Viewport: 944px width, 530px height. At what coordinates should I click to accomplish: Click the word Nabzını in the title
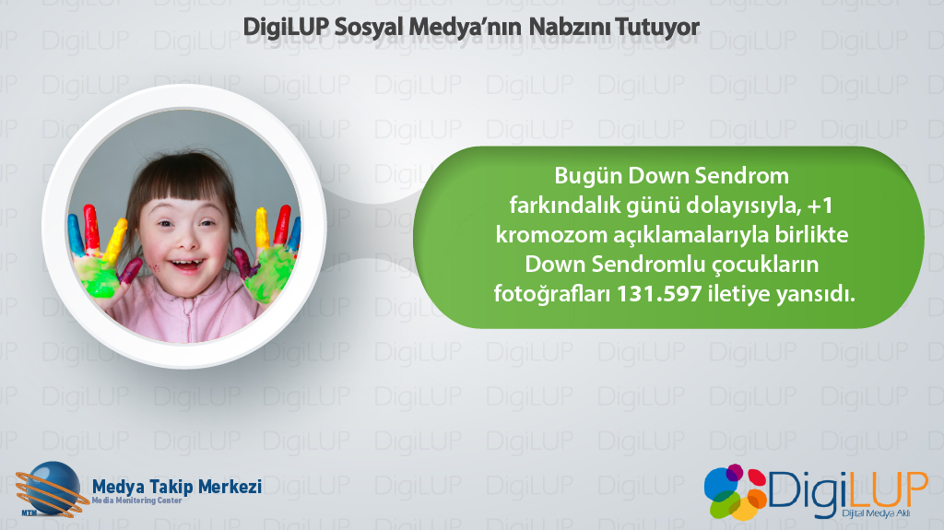568,27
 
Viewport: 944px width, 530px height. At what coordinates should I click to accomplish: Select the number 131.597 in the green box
659,294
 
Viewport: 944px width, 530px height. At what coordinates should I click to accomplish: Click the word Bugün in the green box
587,177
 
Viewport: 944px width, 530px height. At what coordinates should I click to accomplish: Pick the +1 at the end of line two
820,206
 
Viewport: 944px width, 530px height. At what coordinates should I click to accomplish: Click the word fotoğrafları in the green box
552,295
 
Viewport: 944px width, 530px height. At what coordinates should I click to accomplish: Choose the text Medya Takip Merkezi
176,487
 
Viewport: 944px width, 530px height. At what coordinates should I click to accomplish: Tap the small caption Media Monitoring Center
136,501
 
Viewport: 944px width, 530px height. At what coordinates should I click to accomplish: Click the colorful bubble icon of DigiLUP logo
735,491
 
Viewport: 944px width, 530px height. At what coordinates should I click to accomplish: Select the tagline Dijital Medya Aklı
876,513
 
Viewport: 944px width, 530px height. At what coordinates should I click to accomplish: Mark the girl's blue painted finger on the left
76,235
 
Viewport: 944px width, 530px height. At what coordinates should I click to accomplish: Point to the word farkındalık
565,206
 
